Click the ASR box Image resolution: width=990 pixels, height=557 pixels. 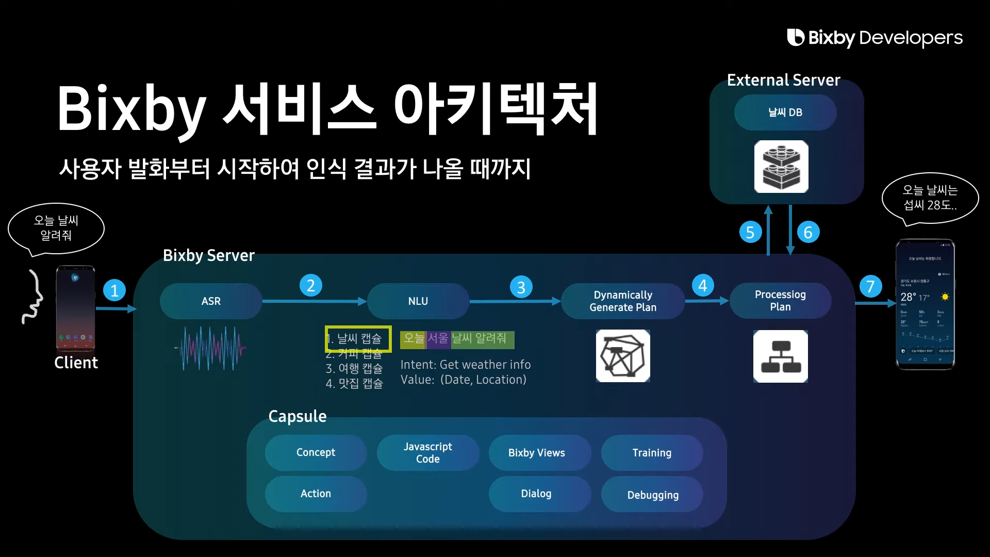(x=211, y=301)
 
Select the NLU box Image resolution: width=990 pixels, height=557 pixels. (x=418, y=301)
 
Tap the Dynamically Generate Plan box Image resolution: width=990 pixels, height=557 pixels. (x=623, y=301)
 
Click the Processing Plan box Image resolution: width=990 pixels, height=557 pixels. (x=780, y=301)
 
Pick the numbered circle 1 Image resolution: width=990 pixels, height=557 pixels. (x=114, y=290)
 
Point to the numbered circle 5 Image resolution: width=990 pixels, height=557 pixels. (x=750, y=232)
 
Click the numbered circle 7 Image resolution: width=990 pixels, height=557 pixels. (x=870, y=286)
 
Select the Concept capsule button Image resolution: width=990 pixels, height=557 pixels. (x=316, y=452)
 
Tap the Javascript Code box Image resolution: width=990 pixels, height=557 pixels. (x=428, y=452)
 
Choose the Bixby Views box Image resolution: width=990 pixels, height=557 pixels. (x=537, y=452)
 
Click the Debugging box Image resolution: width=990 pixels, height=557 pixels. (x=653, y=495)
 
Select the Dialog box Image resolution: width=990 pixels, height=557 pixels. (x=536, y=494)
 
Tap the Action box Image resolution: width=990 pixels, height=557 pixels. (x=316, y=494)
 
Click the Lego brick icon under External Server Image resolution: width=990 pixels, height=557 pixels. (x=781, y=167)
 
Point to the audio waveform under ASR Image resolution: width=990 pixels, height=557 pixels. (x=210, y=348)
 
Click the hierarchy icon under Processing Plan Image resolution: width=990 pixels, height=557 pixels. (x=780, y=356)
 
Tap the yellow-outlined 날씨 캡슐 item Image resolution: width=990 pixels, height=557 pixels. (x=358, y=339)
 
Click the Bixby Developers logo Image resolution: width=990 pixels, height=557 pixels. (x=874, y=38)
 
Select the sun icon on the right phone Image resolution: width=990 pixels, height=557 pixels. (x=945, y=297)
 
